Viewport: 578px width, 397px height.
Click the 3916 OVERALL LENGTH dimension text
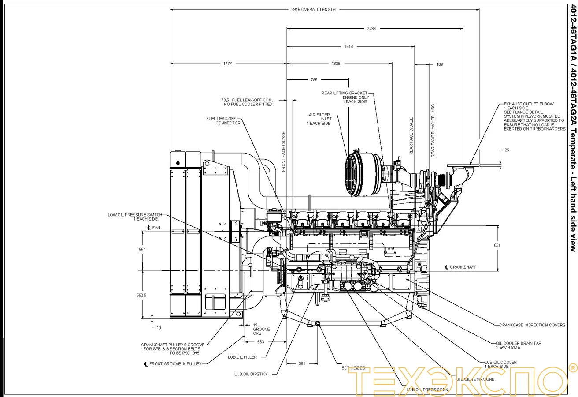tap(313, 9)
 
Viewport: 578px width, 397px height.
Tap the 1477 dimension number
tap(227, 64)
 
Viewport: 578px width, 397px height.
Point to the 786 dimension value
tap(314, 80)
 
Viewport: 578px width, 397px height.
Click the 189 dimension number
tap(440, 64)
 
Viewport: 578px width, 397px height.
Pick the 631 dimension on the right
tap(497, 245)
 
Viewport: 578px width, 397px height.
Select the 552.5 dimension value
tap(141, 295)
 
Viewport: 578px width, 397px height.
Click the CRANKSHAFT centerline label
tap(460, 267)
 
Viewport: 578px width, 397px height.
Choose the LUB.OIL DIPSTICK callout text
tap(251, 374)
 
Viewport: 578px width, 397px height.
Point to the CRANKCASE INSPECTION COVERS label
tap(532, 325)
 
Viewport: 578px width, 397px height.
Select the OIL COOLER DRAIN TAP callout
tap(519, 345)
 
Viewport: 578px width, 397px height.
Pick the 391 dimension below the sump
tap(302, 363)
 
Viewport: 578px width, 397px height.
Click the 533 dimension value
tap(261, 342)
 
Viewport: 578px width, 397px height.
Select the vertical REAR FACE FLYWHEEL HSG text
tap(433, 131)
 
